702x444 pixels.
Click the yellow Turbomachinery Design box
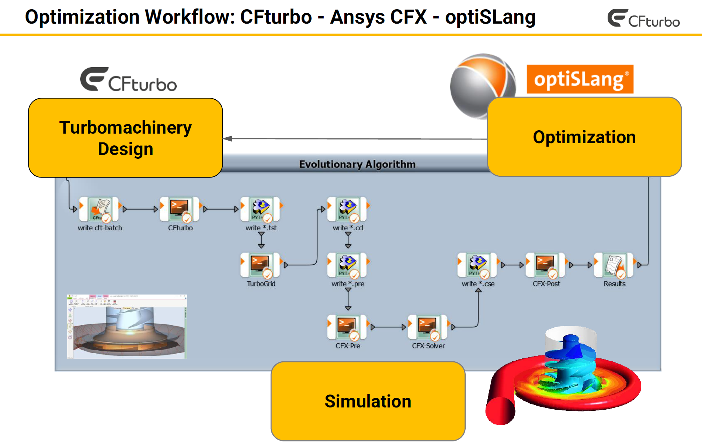click(x=125, y=138)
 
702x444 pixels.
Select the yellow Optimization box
click(x=584, y=137)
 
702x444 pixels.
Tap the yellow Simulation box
click(x=368, y=401)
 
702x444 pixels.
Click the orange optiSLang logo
click(x=580, y=79)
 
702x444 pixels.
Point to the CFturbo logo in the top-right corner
click(x=643, y=18)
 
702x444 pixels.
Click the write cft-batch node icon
click(x=99, y=209)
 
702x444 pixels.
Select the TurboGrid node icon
click(x=260, y=265)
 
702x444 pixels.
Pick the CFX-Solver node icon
click(x=427, y=327)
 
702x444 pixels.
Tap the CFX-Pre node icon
click(x=347, y=327)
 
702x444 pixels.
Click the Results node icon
click(x=614, y=265)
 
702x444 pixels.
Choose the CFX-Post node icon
click(x=546, y=265)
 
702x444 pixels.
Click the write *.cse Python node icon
click(x=477, y=265)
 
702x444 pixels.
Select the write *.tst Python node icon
click(x=260, y=209)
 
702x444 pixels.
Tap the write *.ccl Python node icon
click(x=347, y=209)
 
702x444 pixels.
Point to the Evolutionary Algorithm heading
click(x=357, y=164)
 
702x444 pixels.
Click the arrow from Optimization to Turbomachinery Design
click(x=354, y=139)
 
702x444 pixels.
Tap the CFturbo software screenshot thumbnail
click(x=127, y=327)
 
